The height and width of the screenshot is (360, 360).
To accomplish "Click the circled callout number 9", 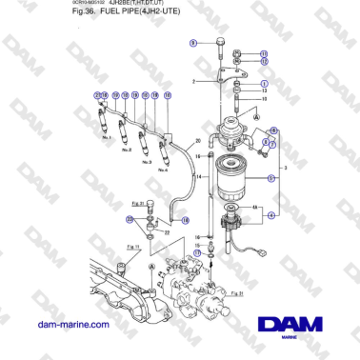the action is pyautogui.click(x=193, y=43).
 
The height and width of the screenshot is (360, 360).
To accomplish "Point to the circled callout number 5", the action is pyautogui.click(x=271, y=177).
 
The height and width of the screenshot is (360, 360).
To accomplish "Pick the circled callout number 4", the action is pyautogui.click(x=271, y=216).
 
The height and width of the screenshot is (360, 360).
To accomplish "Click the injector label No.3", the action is pyautogui.click(x=147, y=162).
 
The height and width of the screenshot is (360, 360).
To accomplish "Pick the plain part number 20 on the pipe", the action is pyautogui.click(x=197, y=142).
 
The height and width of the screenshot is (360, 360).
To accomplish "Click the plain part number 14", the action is pyautogui.click(x=197, y=177).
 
